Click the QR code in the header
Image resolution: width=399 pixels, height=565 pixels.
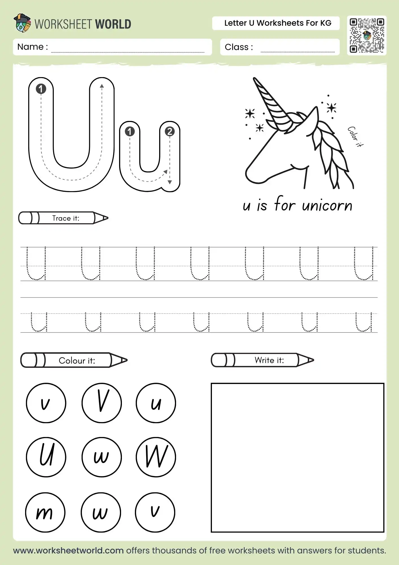[x=367, y=35]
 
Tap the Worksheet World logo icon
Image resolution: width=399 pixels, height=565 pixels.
[x=22, y=23]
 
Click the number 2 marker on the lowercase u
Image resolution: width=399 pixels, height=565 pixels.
[x=170, y=131]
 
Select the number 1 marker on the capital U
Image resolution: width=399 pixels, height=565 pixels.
[x=41, y=89]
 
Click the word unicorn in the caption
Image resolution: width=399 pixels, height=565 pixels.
[x=327, y=205]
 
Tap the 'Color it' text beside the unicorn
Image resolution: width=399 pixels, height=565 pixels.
[x=355, y=137]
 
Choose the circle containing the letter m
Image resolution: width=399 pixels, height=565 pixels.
[x=45, y=512]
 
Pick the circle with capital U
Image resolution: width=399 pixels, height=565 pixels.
[x=46, y=457]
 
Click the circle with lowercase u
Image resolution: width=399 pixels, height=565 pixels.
[x=156, y=403]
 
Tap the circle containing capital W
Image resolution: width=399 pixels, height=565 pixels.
[x=156, y=457]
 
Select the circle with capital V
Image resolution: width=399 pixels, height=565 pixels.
[x=102, y=403]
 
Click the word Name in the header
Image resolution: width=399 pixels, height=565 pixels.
[x=30, y=47]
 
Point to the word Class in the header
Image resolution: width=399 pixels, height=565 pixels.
[x=236, y=47]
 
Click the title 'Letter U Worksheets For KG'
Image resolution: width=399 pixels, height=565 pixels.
[x=278, y=23]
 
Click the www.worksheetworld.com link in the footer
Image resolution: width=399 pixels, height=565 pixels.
[x=68, y=550]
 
